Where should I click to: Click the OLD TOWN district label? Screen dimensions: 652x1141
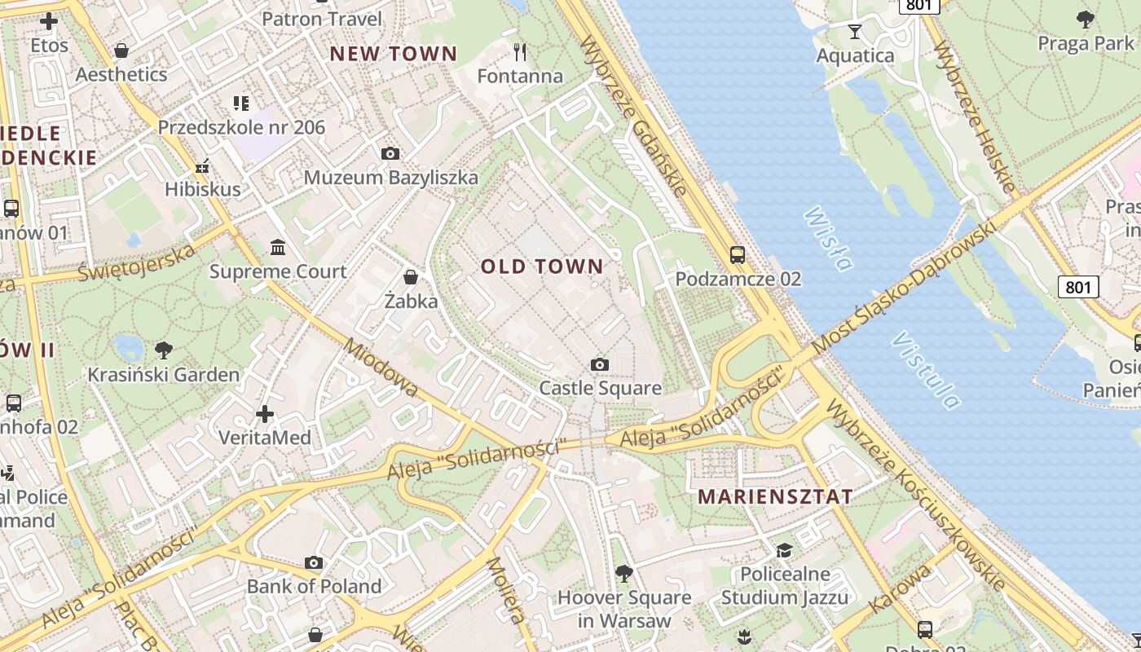[x=542, y=267]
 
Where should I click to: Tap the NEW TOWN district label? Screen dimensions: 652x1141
[x=393, y=55]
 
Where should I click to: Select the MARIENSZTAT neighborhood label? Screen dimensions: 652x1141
[x=776, y=496]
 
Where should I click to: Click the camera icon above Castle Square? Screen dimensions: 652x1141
[x=600, y=364]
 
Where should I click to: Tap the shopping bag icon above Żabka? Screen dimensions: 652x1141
[x=411, y=277]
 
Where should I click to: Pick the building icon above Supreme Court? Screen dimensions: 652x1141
[x=278, y=247]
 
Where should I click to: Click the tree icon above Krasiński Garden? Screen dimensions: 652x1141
[x=164, y=350]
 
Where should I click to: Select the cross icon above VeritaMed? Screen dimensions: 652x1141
[x=265, y=414]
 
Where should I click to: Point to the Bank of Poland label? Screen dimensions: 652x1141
[x=314, y=586]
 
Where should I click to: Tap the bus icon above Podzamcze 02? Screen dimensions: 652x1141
[x=738, y=254]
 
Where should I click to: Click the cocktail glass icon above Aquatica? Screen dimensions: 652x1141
[x=854, y=32]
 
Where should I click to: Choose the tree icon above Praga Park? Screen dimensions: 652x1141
[x=1085, y=19]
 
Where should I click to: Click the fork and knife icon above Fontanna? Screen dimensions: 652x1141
[x=520, y=52]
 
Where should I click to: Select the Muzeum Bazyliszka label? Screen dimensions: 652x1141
[x=391, y=178]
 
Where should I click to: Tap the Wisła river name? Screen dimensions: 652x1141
[x=828, y=239]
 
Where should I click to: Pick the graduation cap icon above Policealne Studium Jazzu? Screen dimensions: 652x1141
[x=784, y=550]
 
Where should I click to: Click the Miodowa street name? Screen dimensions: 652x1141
[x=381, y=368]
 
